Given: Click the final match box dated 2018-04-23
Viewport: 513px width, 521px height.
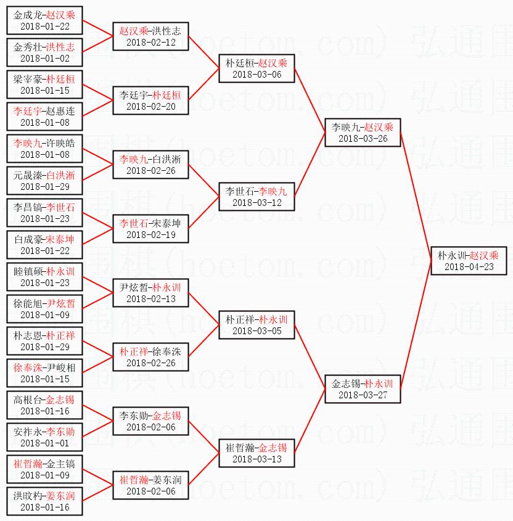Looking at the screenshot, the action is pos(469,261).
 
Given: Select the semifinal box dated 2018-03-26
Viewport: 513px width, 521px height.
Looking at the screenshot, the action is pos(363,133).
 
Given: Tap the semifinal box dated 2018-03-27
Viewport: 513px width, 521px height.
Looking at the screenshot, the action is pos(363,389).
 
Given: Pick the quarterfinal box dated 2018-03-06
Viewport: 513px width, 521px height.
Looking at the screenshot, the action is pos(256,68).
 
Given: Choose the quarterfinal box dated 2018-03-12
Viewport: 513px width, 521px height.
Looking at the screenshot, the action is pos(256,197).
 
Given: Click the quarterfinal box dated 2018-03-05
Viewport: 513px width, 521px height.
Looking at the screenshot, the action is pos(256,325).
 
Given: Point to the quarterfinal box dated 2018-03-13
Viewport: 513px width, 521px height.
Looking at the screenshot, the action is pos(256,453).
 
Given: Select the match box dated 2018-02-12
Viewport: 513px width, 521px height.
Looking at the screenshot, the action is pos(150,36).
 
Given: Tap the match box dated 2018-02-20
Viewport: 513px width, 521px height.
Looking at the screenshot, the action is pos(150,101).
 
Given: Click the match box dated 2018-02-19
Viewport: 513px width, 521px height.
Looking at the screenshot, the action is pos(150,229).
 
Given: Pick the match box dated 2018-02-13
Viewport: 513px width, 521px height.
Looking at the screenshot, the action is pos(150,293).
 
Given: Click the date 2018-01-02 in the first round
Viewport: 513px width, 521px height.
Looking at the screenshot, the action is pos(45,59).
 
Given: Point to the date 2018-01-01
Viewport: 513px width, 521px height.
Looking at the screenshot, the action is pos(45,443).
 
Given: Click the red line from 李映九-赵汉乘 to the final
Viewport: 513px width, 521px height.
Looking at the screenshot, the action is pos(416,197).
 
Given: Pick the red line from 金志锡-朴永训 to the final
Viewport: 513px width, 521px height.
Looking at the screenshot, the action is pos(416,325).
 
